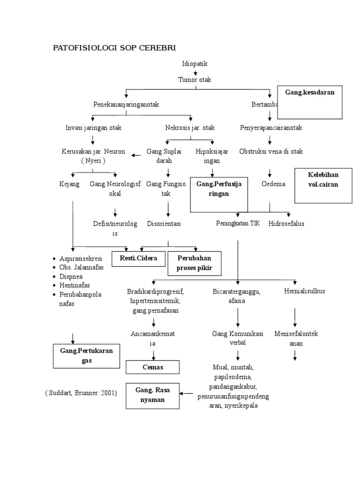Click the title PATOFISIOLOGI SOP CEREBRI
[x=114, y=48]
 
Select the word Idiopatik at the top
[x=195, y=64]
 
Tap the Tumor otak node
[x=195, y=80]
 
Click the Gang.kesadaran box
[x=309, y=102]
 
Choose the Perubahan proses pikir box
[x=194, y=263]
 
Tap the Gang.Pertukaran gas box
[x=89, y=356]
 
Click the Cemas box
[x=153, y=367]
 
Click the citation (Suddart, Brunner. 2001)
[x=81, y=393]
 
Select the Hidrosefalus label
[x=286, y=224]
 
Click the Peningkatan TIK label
[x=238, y=224]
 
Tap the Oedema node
[x=273, y=184]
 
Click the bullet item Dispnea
[x=71, y=276]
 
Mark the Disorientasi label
[x=164, y=224]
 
